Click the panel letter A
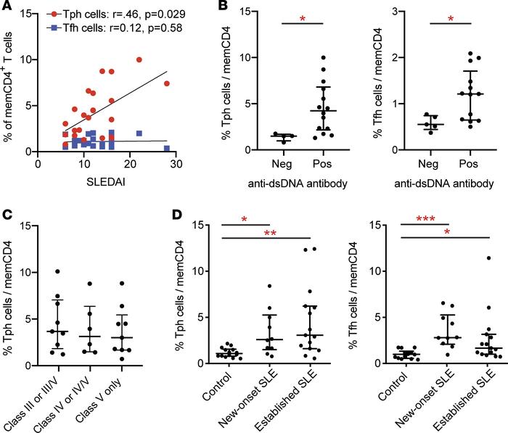pos(8,8)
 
